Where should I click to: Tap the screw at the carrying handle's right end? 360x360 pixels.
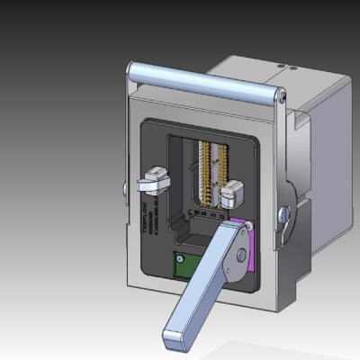click(x=283, y=95)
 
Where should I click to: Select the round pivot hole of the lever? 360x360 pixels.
click(x=240, y=255)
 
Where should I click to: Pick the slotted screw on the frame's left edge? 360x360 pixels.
click(x=121, y=188)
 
